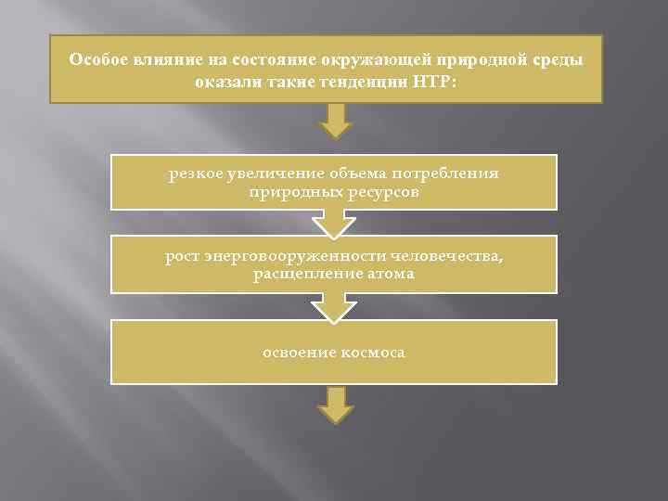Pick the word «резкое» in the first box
(x=195, y=173)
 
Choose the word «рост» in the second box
(x=182, y=255)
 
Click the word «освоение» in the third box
(x=295, y=353)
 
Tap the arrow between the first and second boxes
(x=334, y=224)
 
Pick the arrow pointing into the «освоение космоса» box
(x=334, y=307)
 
